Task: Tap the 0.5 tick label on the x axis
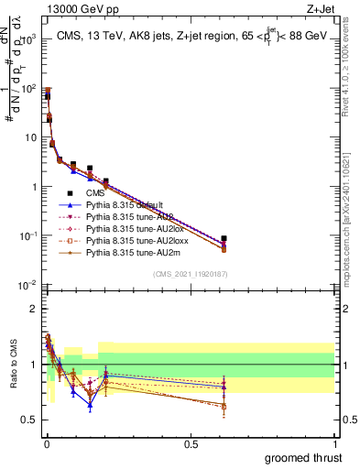[190, 443]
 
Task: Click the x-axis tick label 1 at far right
[335, 443]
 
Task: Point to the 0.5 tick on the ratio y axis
[30, 420]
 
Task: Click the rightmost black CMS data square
[224, 238]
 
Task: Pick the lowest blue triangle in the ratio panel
[90, 405]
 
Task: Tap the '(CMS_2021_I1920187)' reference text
[189, 273]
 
